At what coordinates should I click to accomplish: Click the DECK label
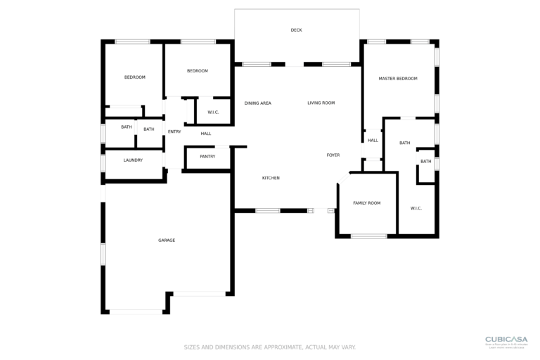click(x=296, y=30)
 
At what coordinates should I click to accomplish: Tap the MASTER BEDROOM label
click(x=398, y=79)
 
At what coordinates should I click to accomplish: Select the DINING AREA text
click(x=257, y=103)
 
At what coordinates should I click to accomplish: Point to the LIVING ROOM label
click(x=321, y=103)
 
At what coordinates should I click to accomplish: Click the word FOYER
click(x=333, y=155)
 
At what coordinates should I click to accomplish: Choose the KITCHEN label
click(x=271, y=178)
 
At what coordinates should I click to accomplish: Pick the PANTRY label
click(x=207, y=156)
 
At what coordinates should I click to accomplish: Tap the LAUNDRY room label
click(x=133, y=160)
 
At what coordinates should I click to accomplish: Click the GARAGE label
click(x=167, y=240)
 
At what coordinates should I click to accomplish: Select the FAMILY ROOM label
click(x=366, y=203)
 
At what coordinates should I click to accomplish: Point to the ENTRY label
click(x=174, y=131)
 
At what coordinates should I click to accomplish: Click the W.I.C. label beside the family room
click(x=416, y=208)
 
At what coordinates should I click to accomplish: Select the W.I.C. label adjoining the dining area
click(x=213, y=112)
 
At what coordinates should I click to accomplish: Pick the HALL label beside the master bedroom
click(x=373, y=141)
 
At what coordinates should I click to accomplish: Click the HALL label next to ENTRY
click(x=205, y=134)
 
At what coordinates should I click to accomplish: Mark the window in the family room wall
click(x=368, y=236)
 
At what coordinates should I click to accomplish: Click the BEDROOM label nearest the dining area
click(x=198, y=71)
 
